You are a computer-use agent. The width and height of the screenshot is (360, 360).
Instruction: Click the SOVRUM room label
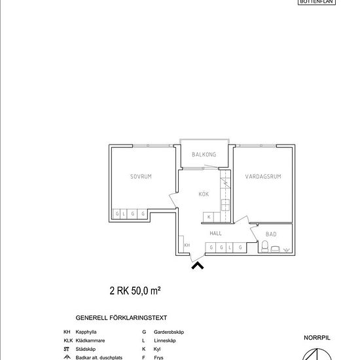[x=140, y=177]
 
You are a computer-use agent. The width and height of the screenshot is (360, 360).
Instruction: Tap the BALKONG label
[x=204, y=155]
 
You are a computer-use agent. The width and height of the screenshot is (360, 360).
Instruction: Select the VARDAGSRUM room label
[x=262, y=177]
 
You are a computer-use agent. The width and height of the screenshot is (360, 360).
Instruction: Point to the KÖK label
[x=204, y=194]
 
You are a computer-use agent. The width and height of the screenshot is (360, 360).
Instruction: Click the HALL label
[x=215, y=233]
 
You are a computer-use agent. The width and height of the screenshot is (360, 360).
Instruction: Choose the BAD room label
[x=271, y=234]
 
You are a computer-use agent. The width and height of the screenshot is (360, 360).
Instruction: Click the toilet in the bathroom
[x=265, y=247]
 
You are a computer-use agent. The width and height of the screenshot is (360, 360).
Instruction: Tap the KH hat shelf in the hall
[x=187, y=245]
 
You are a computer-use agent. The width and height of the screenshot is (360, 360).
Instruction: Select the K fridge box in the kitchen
[x=209, y=217]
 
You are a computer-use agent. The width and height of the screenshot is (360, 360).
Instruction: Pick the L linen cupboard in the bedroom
[x=125, y=214]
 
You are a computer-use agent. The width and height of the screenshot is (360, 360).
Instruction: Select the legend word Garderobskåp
[x=169, y=333]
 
